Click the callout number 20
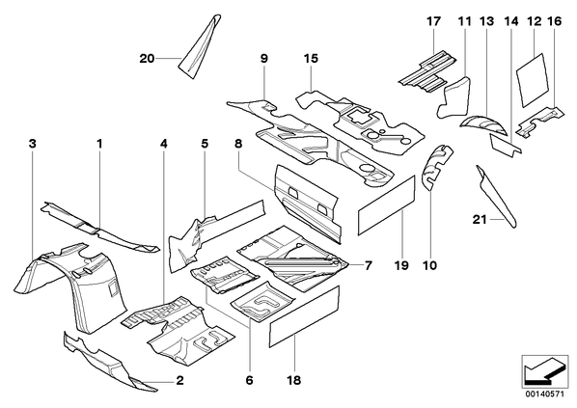pyautogui.click(x=147, y=59)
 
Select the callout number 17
pyautogui.click(x=433, y=21)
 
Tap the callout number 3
pyautogui.click(x=33, y=144)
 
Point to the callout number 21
pyautogui.click(x=480, y=220)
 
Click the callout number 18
pyautogui.click(x=294, y=380)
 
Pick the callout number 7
pyautogui.click(x=369, y=265)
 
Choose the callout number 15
pyautogui.click(x=311, y=59)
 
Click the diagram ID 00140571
pyautogui.click(x=544, y=394)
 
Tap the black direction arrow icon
pyautogui.click(x=544, y=370)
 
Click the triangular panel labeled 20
pyautogui.click(x=201, y=46)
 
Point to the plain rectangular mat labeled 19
pyautogui.click(x=386, y=205)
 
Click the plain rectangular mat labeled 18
pyautogui.click(x=304, y=316)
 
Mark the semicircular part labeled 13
pyautogui.click(x=483, y=124)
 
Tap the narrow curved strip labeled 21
pyautogui.click(x=496, y=196)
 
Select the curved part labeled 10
pyautogui.click(x=436, y=166)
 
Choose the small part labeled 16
pyautogui.click(x=540, y=122)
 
